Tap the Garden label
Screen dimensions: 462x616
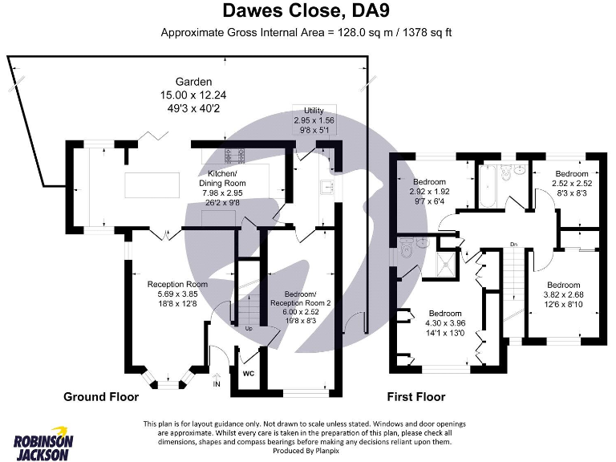pyautogui.click(x=194, y=82)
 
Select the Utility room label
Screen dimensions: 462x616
pyautogui.click(x=314, y=110)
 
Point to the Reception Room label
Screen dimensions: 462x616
pyautogui.click(x=177, y=284)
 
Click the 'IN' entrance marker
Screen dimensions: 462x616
pyautogui.click(x=217, y=384)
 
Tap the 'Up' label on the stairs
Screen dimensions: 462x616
pyautogui.click(x=249, y=329)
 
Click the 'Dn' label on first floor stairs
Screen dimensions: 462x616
pyautogui.click(x=513, y=243)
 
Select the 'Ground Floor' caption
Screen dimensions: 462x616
pyautogui.click(x=101, y=397)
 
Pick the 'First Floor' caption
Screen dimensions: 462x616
pyautogui.click(x=416, y=397)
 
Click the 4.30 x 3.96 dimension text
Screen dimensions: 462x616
pyautogui.click(x=444, y=323)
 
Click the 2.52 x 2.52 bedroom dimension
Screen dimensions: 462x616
pyautogui.click(x=571, y=184)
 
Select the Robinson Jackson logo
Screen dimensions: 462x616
pyautogui.click(x=43, y=442)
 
